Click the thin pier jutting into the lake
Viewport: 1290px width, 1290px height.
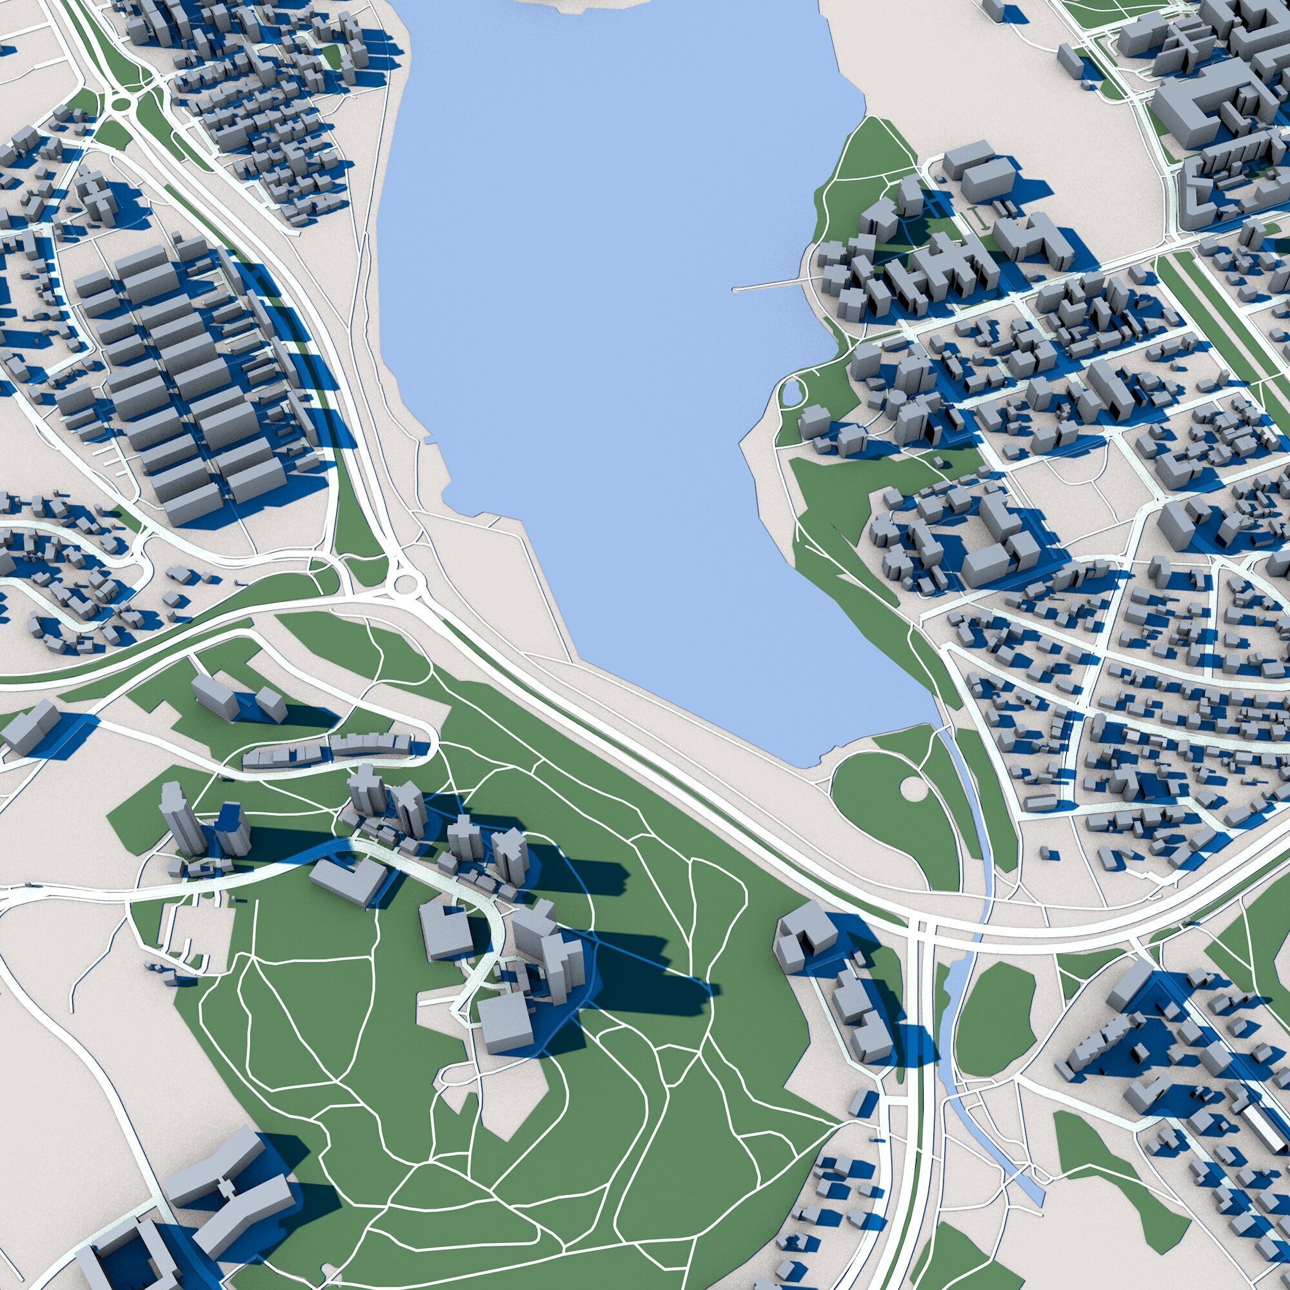click(x=768, y=286)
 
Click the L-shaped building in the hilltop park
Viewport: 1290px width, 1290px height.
click(x=350, y=880)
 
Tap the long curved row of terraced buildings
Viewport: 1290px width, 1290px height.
click(x=327, y=752)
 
